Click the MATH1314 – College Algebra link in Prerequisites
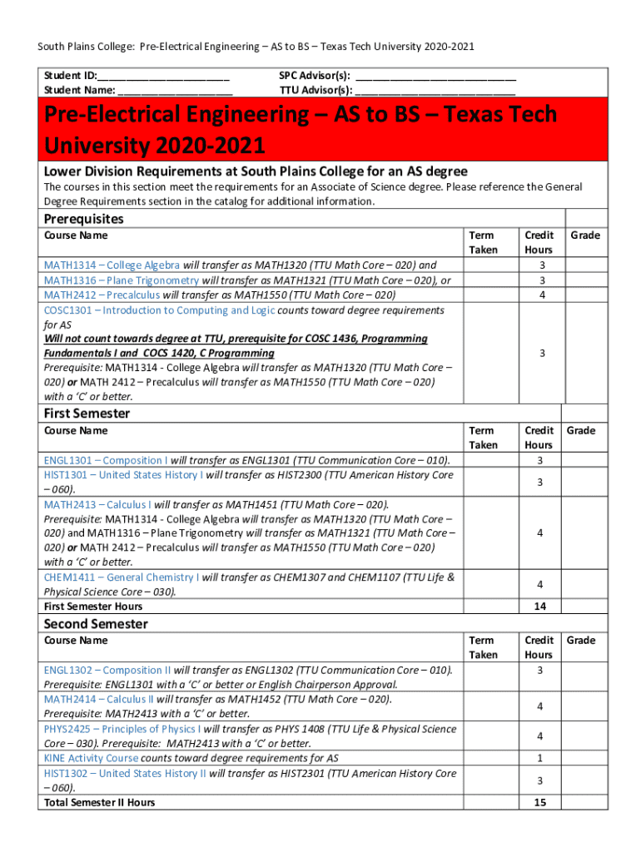pyautogui.click(x=112, y=265)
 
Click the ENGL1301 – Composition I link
pyautogui.click(x=105, y=460)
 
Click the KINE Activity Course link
pyautogui.click(x=91, y=758)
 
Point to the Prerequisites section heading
pyautogui.click(x=83, y=219)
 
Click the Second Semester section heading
pyautogui.click(x=96, y=624)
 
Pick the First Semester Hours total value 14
pyautogui.click(x=539, y=607)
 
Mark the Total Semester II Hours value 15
pyautogui.click(x=539, y=802)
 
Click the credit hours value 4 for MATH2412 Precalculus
pyautogui.click(x=542, y=295)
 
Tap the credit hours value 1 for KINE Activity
pyautogui.click(x=539, y=758)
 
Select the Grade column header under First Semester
pyautogui.click(x=581, y=430)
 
